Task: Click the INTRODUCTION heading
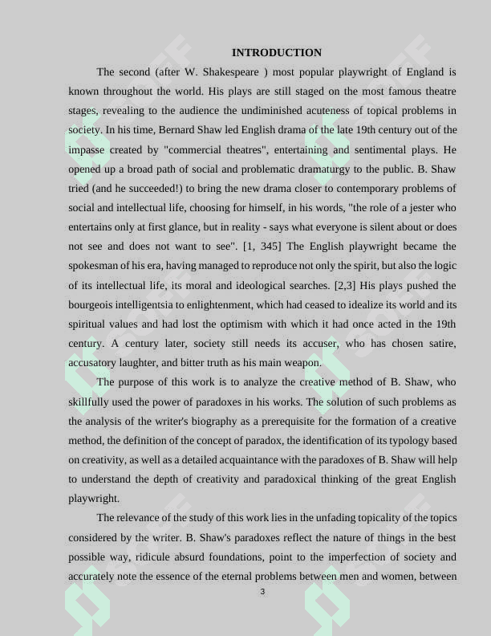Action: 276,53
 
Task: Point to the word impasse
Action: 87,149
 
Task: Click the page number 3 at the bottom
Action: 262,593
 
